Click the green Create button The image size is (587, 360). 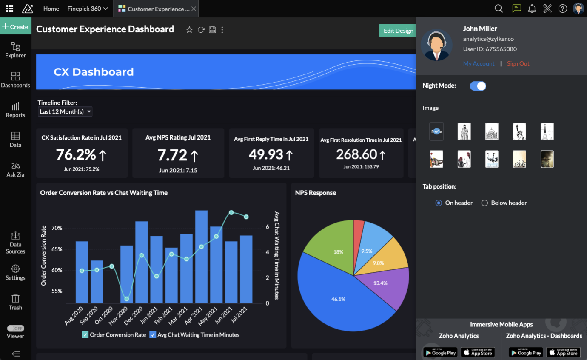click(15, 26)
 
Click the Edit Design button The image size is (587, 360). click(398, 31)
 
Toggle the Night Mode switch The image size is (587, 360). click(478, 86)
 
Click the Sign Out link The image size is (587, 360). click(518, 63)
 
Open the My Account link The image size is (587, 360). click(479, 63)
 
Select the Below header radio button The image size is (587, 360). click(484, 203)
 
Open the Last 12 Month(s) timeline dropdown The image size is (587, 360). click(65, 111)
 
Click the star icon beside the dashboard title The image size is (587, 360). click(189, 30)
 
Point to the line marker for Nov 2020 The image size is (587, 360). click(127, 299)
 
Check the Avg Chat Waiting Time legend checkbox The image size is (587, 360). click(153, 335)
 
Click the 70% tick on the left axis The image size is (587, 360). click(57, 228)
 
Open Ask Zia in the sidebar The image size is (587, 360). click(15, 169)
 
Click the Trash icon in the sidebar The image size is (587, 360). click(15, 302)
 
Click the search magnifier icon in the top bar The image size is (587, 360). click(499, 9)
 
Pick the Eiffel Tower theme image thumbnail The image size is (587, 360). click(547, 131)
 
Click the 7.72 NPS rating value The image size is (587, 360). click(172, 155)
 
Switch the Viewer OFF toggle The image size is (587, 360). click(16, 329)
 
